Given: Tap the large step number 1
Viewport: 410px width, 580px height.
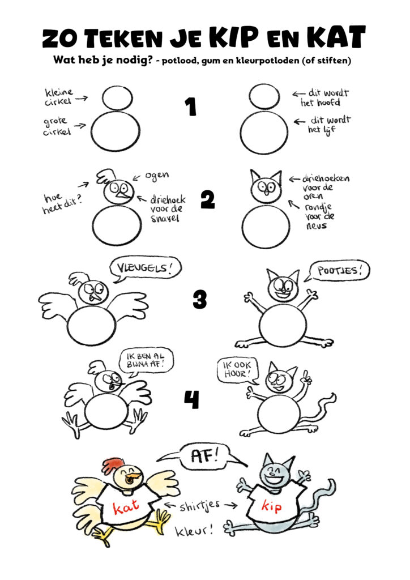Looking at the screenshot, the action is coord(191,107).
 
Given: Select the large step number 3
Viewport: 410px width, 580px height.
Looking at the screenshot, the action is coord(200,300).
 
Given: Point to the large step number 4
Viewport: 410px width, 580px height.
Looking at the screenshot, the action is coord(192,399).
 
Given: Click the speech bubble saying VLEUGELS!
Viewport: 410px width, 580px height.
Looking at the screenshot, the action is coord(146,269).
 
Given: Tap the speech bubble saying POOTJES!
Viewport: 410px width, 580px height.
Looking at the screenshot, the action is coord(337,271).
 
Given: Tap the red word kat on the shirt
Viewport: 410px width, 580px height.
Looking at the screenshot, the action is coord(126,507).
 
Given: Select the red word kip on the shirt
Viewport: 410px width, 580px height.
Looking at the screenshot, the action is coord(271,507).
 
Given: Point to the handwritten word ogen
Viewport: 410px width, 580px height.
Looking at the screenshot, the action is coord(157,176).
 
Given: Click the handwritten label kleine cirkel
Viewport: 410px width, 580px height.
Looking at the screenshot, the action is coord(59,97).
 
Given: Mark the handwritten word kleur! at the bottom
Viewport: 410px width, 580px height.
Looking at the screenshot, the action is coord(194,531).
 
